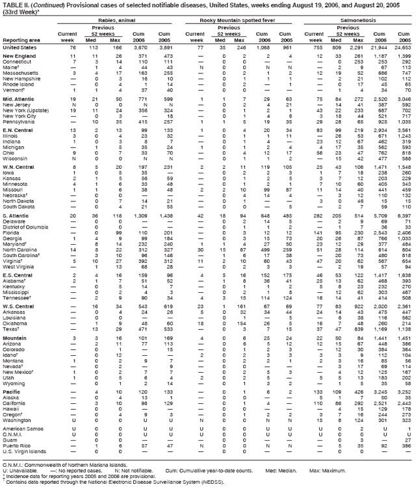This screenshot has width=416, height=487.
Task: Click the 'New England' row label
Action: click(x=20, y=57)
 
